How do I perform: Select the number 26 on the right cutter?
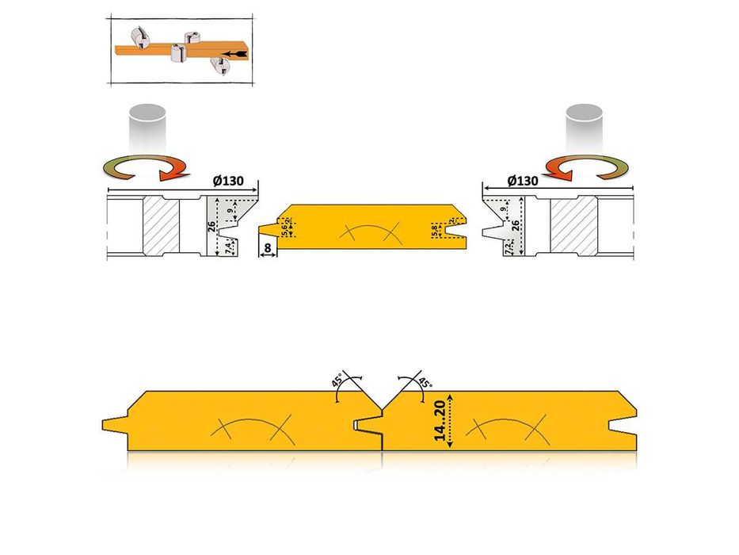pos(517,225)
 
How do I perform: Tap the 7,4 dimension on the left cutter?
pos(228,247)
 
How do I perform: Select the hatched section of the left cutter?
pos(162,226)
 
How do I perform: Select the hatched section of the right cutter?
pos(574,226)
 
